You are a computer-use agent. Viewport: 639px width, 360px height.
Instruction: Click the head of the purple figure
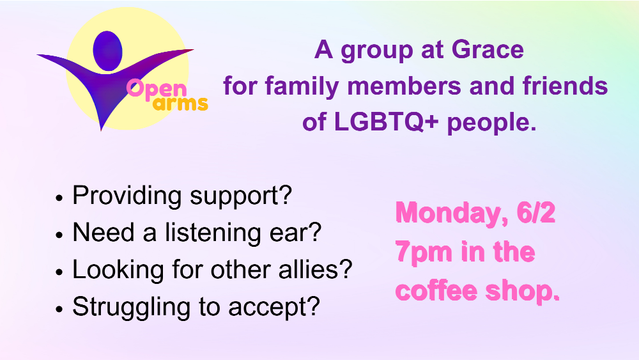[x=107, y=51]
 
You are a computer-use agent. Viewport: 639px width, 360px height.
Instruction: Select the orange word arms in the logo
[x=181, y=103]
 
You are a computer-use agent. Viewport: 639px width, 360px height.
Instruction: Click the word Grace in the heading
[x=488, y=50]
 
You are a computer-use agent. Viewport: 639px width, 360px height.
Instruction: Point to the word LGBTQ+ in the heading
[x=387, y=122]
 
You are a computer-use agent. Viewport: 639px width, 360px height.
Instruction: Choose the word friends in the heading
[x=566, y=86]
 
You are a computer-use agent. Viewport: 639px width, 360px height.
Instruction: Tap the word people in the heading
[x=491, y=123]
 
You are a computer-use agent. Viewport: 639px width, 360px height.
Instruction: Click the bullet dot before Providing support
[x=59, y=198]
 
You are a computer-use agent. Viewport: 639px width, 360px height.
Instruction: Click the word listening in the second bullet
[x=213, y=233]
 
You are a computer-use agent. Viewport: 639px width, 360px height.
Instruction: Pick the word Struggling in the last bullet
[x=131, y=308]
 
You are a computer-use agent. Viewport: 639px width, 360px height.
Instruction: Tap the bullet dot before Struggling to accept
[x=59, y=309]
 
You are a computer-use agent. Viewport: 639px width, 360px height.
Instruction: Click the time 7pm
[x=424, y=253]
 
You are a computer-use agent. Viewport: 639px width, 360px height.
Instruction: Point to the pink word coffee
[x=436, y=290]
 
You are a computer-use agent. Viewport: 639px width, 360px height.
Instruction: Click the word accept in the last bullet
[x=274, y=308]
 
